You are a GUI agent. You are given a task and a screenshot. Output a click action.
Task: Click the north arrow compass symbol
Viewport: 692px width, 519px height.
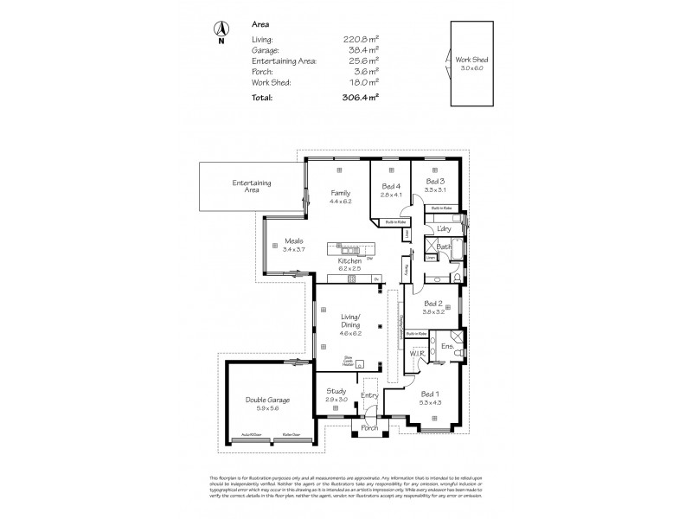(221, 31)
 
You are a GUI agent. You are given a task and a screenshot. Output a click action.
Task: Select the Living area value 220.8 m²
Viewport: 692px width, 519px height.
(358, 39)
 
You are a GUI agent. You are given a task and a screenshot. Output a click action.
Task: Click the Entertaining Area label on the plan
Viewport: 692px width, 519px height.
(252, 185)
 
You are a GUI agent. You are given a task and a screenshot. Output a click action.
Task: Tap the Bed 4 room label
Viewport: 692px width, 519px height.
(392, 186)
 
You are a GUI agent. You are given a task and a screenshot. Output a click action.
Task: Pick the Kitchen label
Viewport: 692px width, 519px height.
(350, 260)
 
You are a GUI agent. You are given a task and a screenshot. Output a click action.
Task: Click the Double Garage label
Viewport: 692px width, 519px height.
(266, 400)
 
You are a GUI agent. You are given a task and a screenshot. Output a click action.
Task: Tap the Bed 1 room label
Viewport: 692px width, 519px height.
(430, 394)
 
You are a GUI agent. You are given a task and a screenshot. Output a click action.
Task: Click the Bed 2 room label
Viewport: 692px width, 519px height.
(434, 303)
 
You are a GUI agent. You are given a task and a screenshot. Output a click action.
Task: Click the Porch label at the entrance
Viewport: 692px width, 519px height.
(370, 427)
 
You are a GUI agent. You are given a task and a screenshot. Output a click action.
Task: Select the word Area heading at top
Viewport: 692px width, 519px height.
(259, 26)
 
